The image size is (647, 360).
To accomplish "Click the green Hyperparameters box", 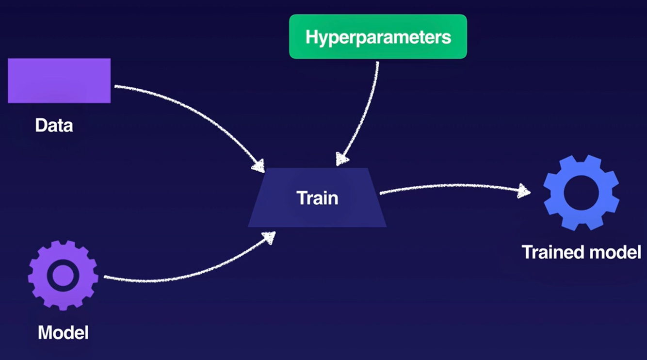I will [378, 36].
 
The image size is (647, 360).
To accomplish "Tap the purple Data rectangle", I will [59, 81].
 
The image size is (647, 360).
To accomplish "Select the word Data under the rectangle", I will [54, 126].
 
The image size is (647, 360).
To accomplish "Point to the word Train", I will [317, 198].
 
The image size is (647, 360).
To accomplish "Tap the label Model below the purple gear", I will [63, 333].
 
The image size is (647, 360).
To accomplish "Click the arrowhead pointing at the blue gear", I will [524, 191].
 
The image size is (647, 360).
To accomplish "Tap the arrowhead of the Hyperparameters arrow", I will [342, 159].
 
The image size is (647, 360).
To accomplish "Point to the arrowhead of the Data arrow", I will [258, 165].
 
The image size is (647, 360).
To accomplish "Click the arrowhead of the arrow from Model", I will [268, 237].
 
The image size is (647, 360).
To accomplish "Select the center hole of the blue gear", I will [581, 193].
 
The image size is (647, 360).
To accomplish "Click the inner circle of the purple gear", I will [63, 275].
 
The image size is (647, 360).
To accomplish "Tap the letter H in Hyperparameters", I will [311, 37].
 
